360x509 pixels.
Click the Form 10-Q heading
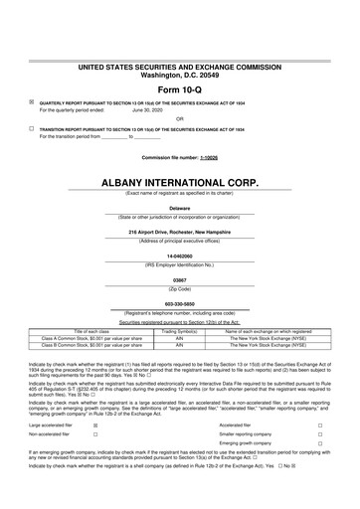[179, 90]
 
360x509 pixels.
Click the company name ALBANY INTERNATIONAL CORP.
[179, 184]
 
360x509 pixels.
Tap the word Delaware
[179, 208]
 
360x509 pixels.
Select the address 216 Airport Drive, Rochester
[179, 232]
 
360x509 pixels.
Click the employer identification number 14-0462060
[179, 255]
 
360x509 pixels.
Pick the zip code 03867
[179, 279]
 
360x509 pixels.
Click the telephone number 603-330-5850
[179, 303]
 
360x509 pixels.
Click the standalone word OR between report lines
[179, 119]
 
